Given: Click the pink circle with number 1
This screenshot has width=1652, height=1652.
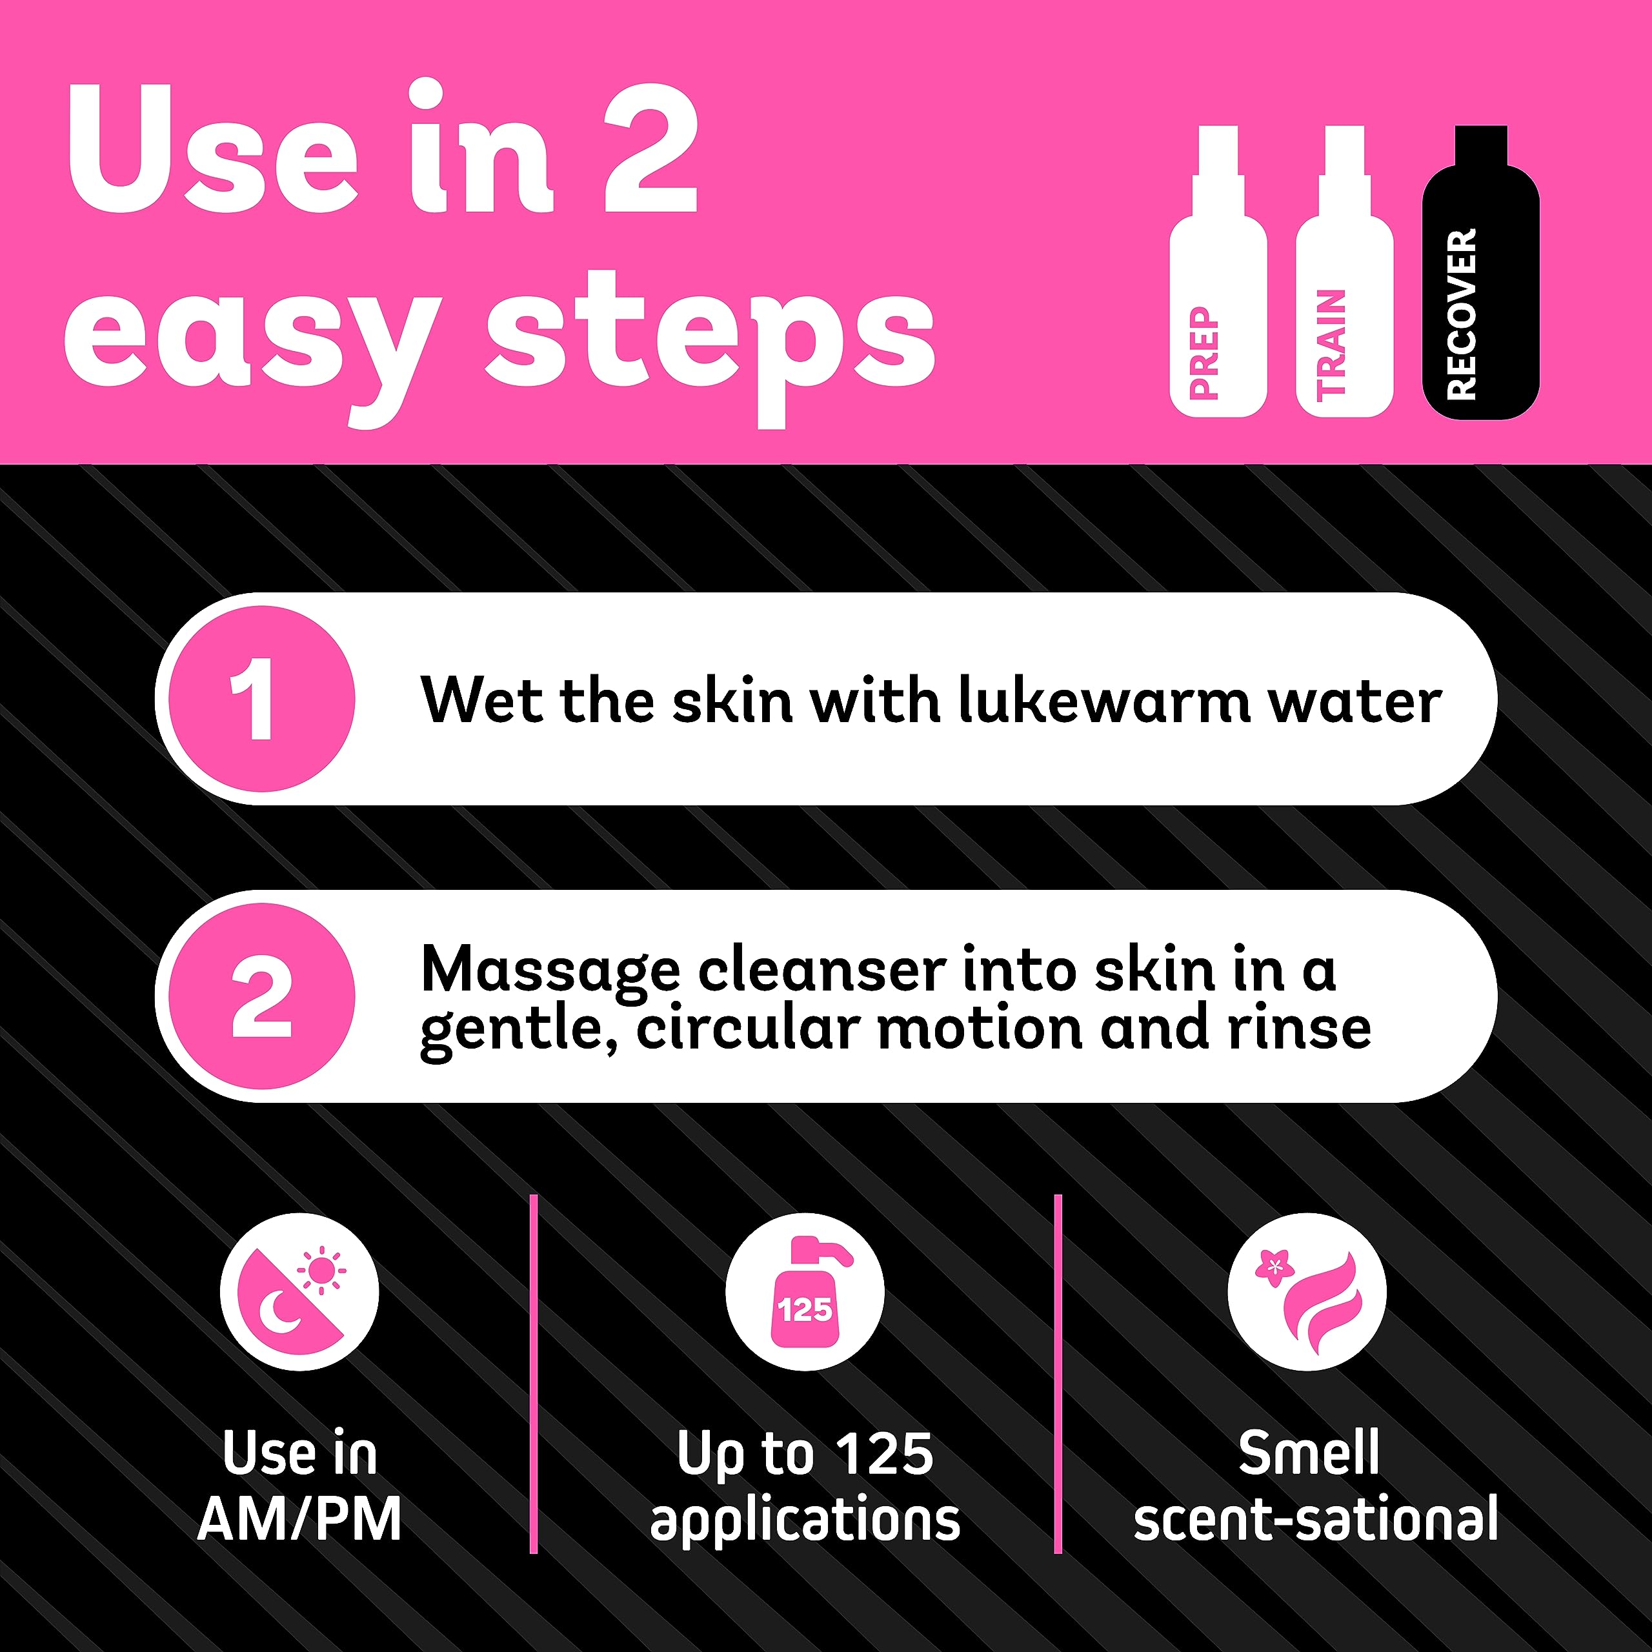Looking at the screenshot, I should (261, 699).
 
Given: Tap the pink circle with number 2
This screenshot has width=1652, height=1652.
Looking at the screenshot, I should (261, 996).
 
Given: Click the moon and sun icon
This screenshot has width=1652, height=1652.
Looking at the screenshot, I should (299, 1292).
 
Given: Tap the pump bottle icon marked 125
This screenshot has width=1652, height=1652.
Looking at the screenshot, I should (805, 1292).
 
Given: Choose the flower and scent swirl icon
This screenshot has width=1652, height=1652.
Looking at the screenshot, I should (1307, 1292).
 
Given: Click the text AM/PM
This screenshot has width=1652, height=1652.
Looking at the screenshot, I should (299, 1520).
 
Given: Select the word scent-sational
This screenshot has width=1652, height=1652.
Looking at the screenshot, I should (1315, 1520).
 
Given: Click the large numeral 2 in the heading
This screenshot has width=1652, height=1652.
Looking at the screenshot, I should (650, 150).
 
